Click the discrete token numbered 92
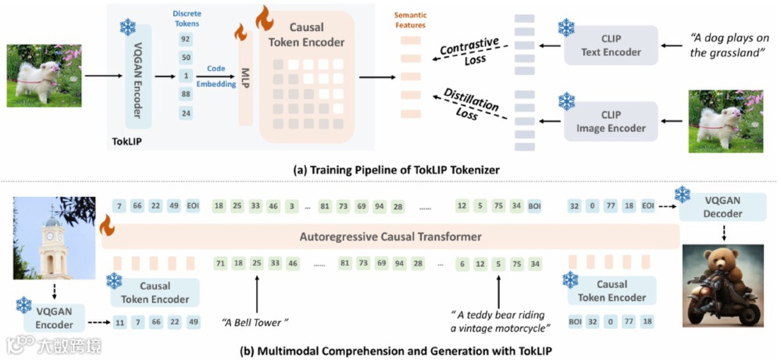click(185, 37)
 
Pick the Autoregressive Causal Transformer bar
click(390, 236)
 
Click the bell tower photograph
click(45, 240)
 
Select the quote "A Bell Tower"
click(255, 322)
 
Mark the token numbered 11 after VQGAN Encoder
click(119, 322)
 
